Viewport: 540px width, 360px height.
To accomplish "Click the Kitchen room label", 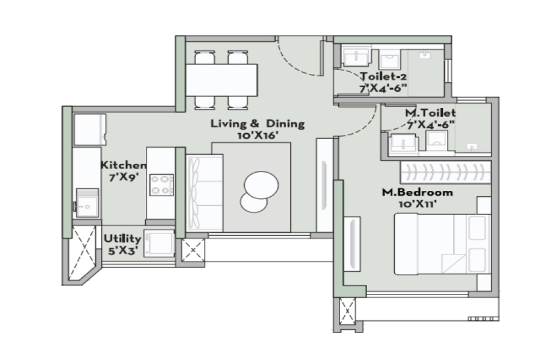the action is click(123, 165).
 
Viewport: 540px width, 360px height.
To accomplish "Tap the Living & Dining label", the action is click(257, 124).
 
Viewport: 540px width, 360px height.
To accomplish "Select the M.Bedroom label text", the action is click(418, 193).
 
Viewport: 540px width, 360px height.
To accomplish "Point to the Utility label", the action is click(122, 238).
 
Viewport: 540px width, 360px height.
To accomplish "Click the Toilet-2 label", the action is click(383, 76).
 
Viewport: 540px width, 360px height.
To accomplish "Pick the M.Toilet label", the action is click(430, 113).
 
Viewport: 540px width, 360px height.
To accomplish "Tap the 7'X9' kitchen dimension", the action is click(123, 177).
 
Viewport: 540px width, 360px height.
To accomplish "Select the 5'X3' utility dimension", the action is click(123, 251).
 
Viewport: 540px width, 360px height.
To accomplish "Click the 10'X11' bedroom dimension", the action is click(418, 204).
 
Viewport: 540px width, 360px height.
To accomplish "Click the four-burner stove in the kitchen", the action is click(161, 185).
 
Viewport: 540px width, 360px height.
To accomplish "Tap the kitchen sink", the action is click(87, 202).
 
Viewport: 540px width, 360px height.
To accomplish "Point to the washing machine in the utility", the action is click(159, 243).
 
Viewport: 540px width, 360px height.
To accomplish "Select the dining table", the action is click(221, 80).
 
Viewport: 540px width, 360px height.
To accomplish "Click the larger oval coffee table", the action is click(261, 185).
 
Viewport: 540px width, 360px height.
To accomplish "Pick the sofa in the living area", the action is click(204, 193).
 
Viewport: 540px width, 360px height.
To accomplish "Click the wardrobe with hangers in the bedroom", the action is click(446, 173).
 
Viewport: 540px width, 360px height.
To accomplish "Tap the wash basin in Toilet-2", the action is click(356, 58).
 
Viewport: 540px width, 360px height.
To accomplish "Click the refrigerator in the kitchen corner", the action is click(90, 130).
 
